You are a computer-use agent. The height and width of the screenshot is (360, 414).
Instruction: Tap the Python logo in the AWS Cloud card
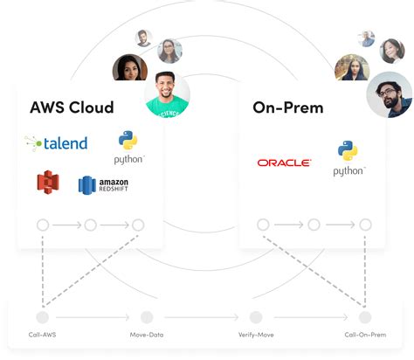(129, 148)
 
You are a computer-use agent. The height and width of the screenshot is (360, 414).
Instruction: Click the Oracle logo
(284, 163)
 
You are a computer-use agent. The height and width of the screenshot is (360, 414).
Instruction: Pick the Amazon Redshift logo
(103, 184)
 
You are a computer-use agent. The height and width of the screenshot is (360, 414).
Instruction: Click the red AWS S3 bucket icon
(47, 183)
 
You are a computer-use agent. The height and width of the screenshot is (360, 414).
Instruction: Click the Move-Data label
(146, 335)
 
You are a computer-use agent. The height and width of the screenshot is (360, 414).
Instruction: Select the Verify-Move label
(255, 335)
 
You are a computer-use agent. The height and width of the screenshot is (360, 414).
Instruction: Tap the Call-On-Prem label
(364, 335)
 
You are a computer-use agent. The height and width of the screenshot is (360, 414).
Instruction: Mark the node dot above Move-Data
(147, 317)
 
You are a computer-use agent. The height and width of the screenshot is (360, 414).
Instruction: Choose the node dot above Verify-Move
(256, 317)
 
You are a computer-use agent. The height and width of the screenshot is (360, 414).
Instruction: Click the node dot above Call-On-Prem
(365, 317)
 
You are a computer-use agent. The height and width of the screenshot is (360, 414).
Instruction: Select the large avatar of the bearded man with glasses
(389, 94)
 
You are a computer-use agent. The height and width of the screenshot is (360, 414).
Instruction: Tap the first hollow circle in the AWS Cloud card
(43, 225)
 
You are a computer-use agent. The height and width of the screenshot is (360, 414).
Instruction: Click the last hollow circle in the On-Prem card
(365, 225)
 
